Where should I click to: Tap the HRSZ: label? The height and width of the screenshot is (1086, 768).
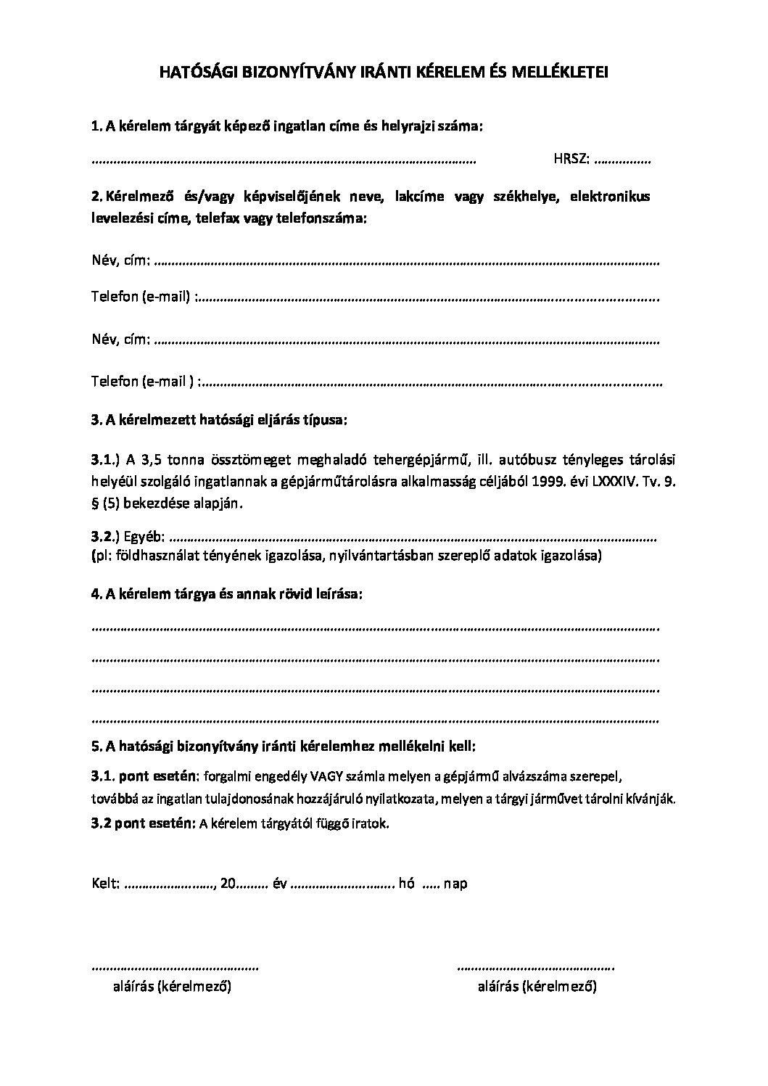(571, 160)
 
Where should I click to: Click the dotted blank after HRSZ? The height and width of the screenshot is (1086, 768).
(622, 160)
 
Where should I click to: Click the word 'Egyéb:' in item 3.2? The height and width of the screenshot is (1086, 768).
(145, 538)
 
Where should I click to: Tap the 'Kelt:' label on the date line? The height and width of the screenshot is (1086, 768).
(106, 884)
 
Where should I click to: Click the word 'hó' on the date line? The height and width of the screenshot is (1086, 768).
(407, 884)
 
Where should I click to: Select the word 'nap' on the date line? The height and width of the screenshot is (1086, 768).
(455, 884)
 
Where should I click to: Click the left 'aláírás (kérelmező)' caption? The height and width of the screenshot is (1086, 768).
(172, 987)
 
